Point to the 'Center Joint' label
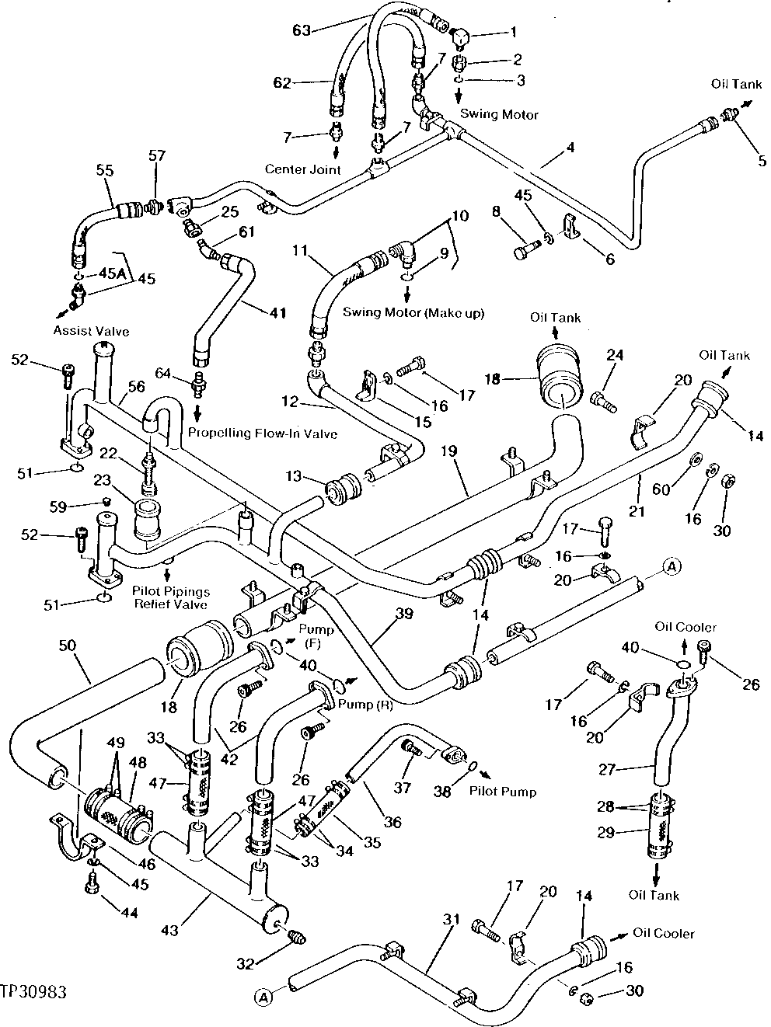pyautogui.click(x=302, y=169)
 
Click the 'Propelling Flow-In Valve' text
pyautogui.click(x=262, y=433)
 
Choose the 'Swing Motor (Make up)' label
pyautogui.click(x=413, y=312)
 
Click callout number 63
pyautogui.click(x=302, y=30)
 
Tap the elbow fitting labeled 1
pyautogui.click(x=464, y=34)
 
